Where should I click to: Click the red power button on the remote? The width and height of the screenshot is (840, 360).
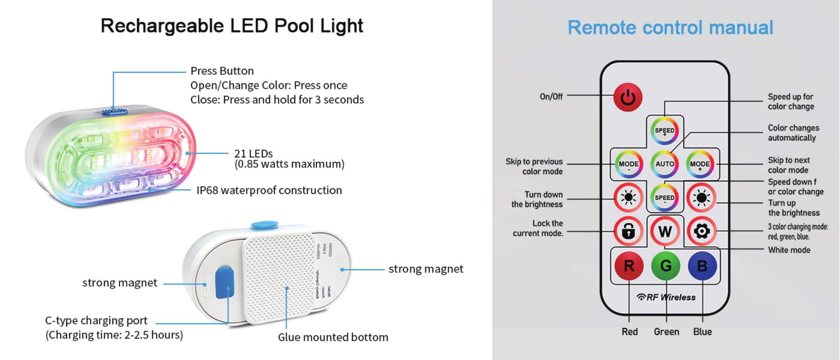628,97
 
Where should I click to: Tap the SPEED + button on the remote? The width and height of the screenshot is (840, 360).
665,131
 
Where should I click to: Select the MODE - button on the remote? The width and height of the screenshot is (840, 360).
629,164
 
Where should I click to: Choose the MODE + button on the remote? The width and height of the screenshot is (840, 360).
700,164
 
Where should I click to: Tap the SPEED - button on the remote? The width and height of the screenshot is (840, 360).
665,198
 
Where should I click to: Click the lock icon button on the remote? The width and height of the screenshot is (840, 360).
628,231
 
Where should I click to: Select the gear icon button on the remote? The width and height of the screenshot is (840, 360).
701,231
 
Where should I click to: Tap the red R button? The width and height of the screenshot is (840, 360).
629,266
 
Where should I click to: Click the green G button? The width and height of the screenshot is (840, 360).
665,266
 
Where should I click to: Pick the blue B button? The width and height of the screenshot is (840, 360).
702,266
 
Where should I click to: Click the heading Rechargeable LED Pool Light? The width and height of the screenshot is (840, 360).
232,26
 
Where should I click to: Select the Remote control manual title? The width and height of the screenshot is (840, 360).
670,27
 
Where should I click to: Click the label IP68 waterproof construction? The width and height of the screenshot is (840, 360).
269,190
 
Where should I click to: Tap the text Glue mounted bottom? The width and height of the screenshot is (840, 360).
333,337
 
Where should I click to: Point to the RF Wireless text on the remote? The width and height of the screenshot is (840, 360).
666,297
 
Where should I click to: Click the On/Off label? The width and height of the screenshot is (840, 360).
551,96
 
